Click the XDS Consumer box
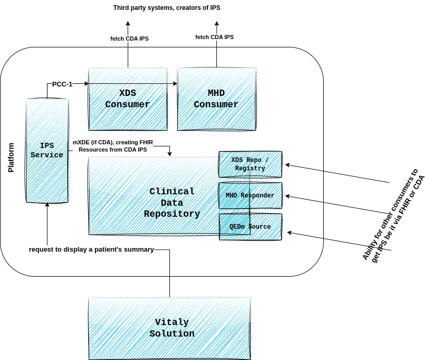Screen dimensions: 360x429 coord(128,99)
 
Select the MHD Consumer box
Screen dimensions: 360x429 coord(216,99)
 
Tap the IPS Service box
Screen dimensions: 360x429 coord(47,150)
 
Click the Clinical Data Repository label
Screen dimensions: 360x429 coord(171,203)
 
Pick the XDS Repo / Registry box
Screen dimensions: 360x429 coord(250,164)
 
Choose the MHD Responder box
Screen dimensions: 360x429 coord(250,195)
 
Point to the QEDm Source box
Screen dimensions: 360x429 coord(250,227)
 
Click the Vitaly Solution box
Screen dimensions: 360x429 coord(170,328)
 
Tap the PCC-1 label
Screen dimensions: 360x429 coord(62,84)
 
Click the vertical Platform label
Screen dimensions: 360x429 coord(11,157)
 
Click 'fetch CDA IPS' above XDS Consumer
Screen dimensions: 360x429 coord(129,39)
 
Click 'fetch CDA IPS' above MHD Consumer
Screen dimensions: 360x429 coord(214,37)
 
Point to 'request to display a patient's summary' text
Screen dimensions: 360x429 coord(91,250)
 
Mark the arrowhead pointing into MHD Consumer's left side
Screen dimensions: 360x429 coord(175,83)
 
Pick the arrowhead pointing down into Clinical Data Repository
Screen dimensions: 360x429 coord(169,154)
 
